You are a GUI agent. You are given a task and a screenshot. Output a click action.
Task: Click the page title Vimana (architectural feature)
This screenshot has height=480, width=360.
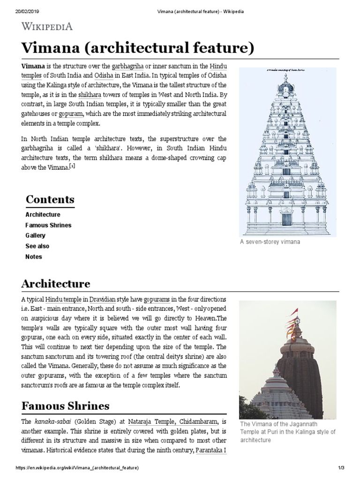point(138,48)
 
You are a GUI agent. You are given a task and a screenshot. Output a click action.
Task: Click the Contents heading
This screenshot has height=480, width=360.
point(50,199)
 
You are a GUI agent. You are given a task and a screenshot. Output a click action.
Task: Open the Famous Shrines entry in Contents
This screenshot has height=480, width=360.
point(48,225)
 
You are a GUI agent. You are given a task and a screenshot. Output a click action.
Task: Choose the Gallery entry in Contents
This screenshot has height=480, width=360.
point(35,235)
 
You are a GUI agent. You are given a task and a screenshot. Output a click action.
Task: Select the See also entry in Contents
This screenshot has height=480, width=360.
point(37,246)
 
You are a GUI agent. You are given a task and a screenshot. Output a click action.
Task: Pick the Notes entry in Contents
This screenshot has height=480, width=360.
point(34,257)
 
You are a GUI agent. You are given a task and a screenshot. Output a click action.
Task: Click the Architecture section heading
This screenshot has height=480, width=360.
point(56,284)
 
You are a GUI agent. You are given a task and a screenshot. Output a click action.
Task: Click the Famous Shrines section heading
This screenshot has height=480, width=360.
point(65,405)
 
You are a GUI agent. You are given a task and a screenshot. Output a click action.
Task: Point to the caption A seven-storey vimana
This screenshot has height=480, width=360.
point(270,242)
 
